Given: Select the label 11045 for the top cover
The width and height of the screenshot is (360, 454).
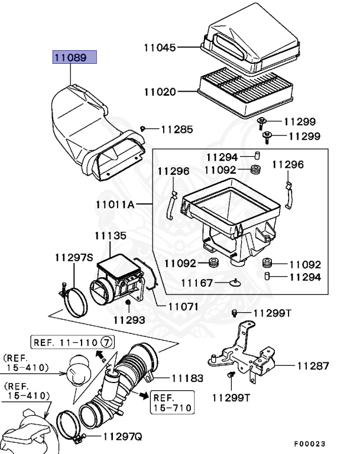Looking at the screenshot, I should [160, 47].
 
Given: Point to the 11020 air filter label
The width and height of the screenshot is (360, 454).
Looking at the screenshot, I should [160, 92].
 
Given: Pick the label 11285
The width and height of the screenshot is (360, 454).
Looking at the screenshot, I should [177, 129].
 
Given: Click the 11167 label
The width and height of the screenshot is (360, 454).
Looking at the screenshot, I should [197, 283].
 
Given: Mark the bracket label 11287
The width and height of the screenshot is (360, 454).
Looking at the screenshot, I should [313, 366].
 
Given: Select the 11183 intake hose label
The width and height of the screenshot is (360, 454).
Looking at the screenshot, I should [187, 378].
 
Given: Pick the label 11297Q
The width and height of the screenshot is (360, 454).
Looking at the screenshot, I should [122, 437].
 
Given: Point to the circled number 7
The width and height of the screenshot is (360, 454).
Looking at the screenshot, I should [106, 342].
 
